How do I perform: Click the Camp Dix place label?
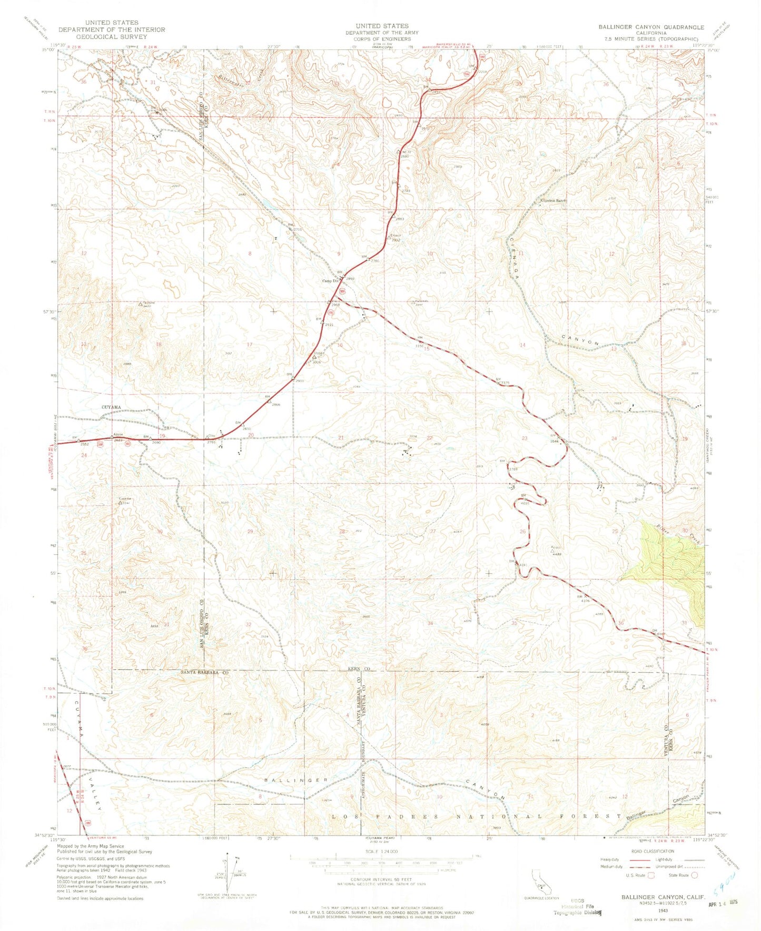coord(330,281)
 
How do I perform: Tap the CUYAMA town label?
coord(111,407)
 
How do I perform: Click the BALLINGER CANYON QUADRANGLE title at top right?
coord(651,27)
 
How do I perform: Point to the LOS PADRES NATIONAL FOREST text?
coord(477,816)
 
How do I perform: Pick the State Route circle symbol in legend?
coord(695,875)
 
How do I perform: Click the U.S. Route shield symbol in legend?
coord(651,875)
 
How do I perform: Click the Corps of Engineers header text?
coord(382,39)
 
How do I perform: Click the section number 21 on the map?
coord(341,438)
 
